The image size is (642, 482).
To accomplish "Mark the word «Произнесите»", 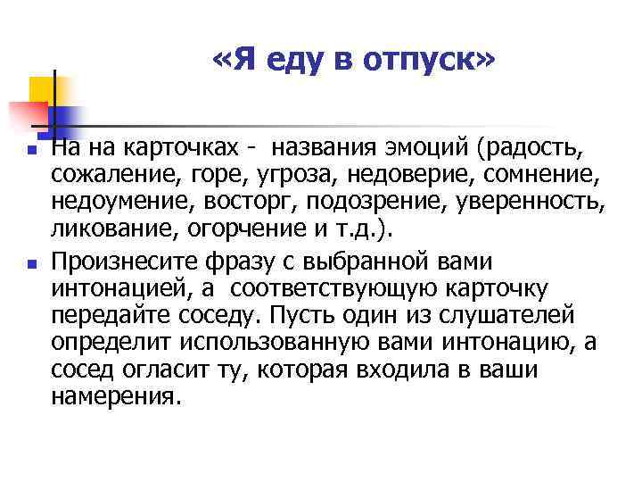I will (119, 262).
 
